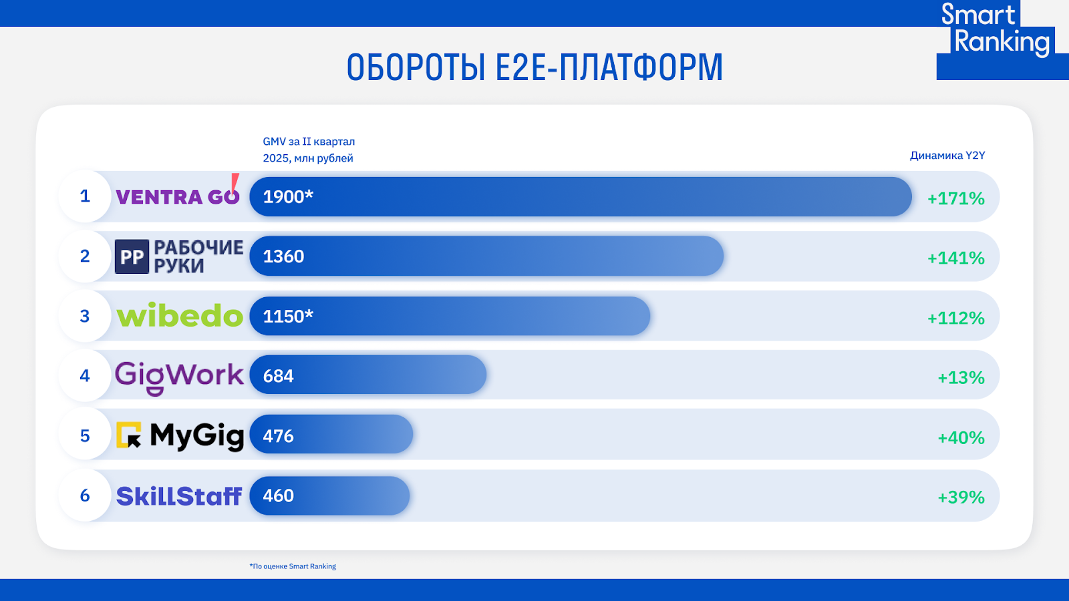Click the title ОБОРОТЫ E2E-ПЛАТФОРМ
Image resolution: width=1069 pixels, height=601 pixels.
coord(534,67)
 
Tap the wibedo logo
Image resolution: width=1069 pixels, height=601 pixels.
coord(180,315)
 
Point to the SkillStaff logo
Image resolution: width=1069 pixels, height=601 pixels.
coord(178,496)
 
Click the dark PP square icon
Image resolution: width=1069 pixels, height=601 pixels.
coord(132,257)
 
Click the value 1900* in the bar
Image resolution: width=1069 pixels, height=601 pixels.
coord(288,197)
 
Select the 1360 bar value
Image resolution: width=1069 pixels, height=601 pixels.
coord(283,256)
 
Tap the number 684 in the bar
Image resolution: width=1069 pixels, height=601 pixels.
coord(278,376)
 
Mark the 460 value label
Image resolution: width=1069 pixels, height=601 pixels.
coord(278,495)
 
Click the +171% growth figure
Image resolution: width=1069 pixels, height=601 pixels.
coord(955,198)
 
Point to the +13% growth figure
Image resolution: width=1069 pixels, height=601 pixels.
coord(961,378)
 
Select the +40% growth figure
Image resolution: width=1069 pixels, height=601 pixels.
coord(961,438)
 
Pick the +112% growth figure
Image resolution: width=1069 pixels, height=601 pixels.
coord(955,318)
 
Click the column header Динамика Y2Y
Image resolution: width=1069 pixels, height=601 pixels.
coord(947,156)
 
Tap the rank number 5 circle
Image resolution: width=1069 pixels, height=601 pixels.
coord(85,436)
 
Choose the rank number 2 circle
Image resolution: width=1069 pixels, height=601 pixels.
coord(85,256)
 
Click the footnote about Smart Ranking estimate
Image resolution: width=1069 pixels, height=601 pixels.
coord(293,566)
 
